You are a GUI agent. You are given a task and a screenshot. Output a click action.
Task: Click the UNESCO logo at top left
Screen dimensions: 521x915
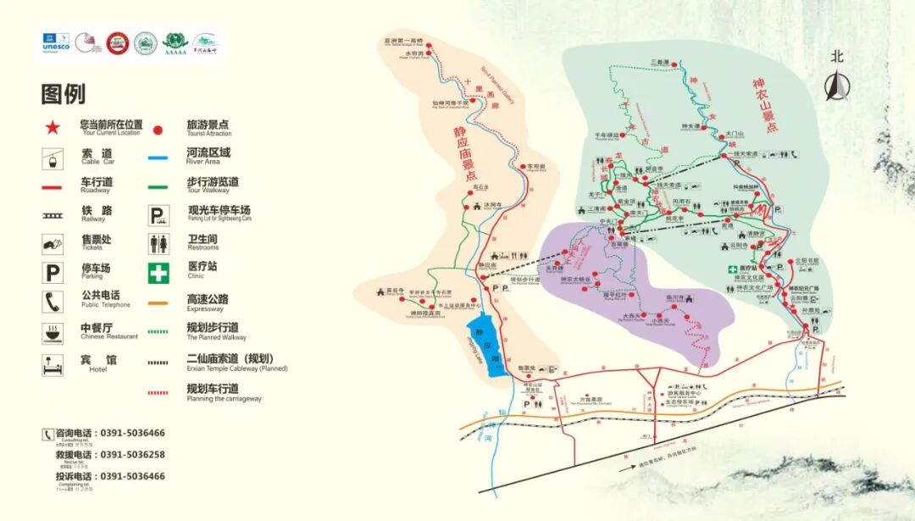(x=56, y=44)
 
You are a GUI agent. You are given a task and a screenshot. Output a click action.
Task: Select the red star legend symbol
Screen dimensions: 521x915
(x=53, y=128)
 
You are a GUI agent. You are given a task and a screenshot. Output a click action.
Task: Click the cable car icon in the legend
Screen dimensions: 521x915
(x=53, y=157)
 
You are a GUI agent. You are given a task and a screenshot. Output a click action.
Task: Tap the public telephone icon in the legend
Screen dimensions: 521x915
(x=53, y=301)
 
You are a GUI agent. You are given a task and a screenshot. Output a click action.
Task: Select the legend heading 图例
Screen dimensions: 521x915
(x=64, y=93)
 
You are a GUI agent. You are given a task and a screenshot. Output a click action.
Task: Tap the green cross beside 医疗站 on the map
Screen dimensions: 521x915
(x=735, y=269)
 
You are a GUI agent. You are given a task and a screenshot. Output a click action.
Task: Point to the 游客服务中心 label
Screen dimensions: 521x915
(x=686, y=394)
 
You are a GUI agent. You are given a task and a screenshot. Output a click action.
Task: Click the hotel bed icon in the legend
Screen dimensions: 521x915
(x=53, y=365)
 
